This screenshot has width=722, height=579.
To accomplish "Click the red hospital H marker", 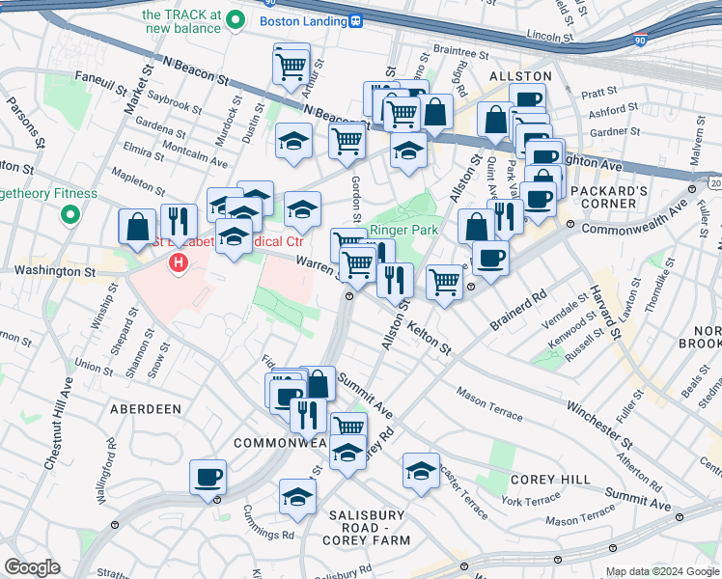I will pos(178,262).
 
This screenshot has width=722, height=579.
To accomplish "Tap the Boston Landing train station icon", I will pos(355,20).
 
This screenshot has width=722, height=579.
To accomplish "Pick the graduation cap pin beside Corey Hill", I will pos(421,471).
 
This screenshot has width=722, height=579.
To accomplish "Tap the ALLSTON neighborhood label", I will pos(520,75).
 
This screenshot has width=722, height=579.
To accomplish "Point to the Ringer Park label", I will pos(403,230).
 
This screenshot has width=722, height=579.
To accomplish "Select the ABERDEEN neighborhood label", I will pos(146,409).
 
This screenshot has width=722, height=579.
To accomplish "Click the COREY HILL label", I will pos(543,480).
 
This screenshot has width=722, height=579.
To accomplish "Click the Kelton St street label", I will pos(430,340).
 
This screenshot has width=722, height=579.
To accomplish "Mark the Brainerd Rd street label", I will pos(517,308).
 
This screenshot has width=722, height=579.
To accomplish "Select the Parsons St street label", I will pos(22,122).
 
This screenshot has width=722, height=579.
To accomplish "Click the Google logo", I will pos(32,567).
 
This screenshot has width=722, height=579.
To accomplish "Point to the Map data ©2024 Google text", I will pos(661,571).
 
